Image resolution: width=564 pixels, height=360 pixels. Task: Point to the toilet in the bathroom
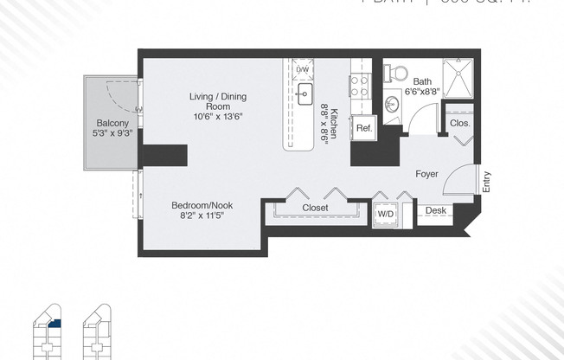coord(396,70)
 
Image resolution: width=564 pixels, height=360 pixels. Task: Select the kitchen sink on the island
coord(304,95)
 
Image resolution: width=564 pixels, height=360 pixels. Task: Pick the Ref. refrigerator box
coord(363,129)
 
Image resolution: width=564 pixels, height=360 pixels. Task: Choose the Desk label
coord(435,210)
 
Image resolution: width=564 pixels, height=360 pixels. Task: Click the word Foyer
coord(426,174)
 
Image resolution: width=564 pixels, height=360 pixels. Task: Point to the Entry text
coord(486,182)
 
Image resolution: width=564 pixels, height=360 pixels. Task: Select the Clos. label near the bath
coord(459,124)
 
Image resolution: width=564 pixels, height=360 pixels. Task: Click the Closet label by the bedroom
coord(315,209)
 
